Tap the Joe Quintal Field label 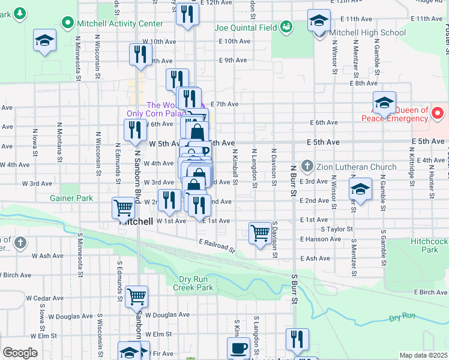coord(246,28)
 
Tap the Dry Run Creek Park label coord(196,283)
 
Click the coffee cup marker coord(238,347)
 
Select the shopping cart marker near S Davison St coord(260,232)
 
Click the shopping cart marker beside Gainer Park coord(123,208)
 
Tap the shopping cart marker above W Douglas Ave coord(137,296)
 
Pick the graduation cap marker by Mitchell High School coord(319,21)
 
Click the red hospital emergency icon coord(438,112)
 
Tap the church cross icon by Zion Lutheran coord(307,166)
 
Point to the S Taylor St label coord(337,229)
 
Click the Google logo coord(20,353)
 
